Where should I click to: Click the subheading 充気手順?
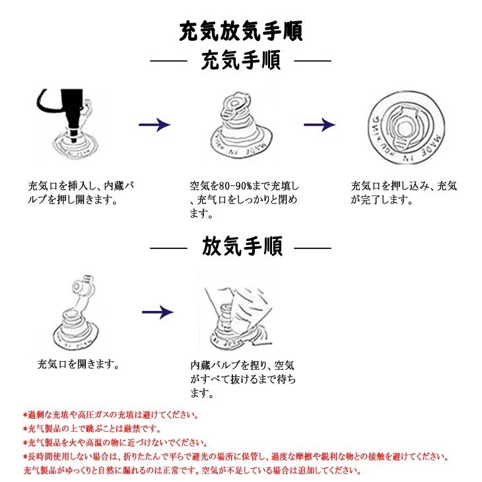click(241, 61)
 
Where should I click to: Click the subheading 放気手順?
click(241, 248)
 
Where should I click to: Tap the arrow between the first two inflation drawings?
click(155, 125)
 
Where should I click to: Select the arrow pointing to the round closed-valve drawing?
click(320, 125)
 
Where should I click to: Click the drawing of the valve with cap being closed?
click(239, 129)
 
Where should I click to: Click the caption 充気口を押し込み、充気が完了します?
click(403, 192)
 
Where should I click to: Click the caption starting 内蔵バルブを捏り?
click(242, 378)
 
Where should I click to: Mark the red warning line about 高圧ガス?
click(110, 415)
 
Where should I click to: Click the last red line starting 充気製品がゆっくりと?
click(191, 471)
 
